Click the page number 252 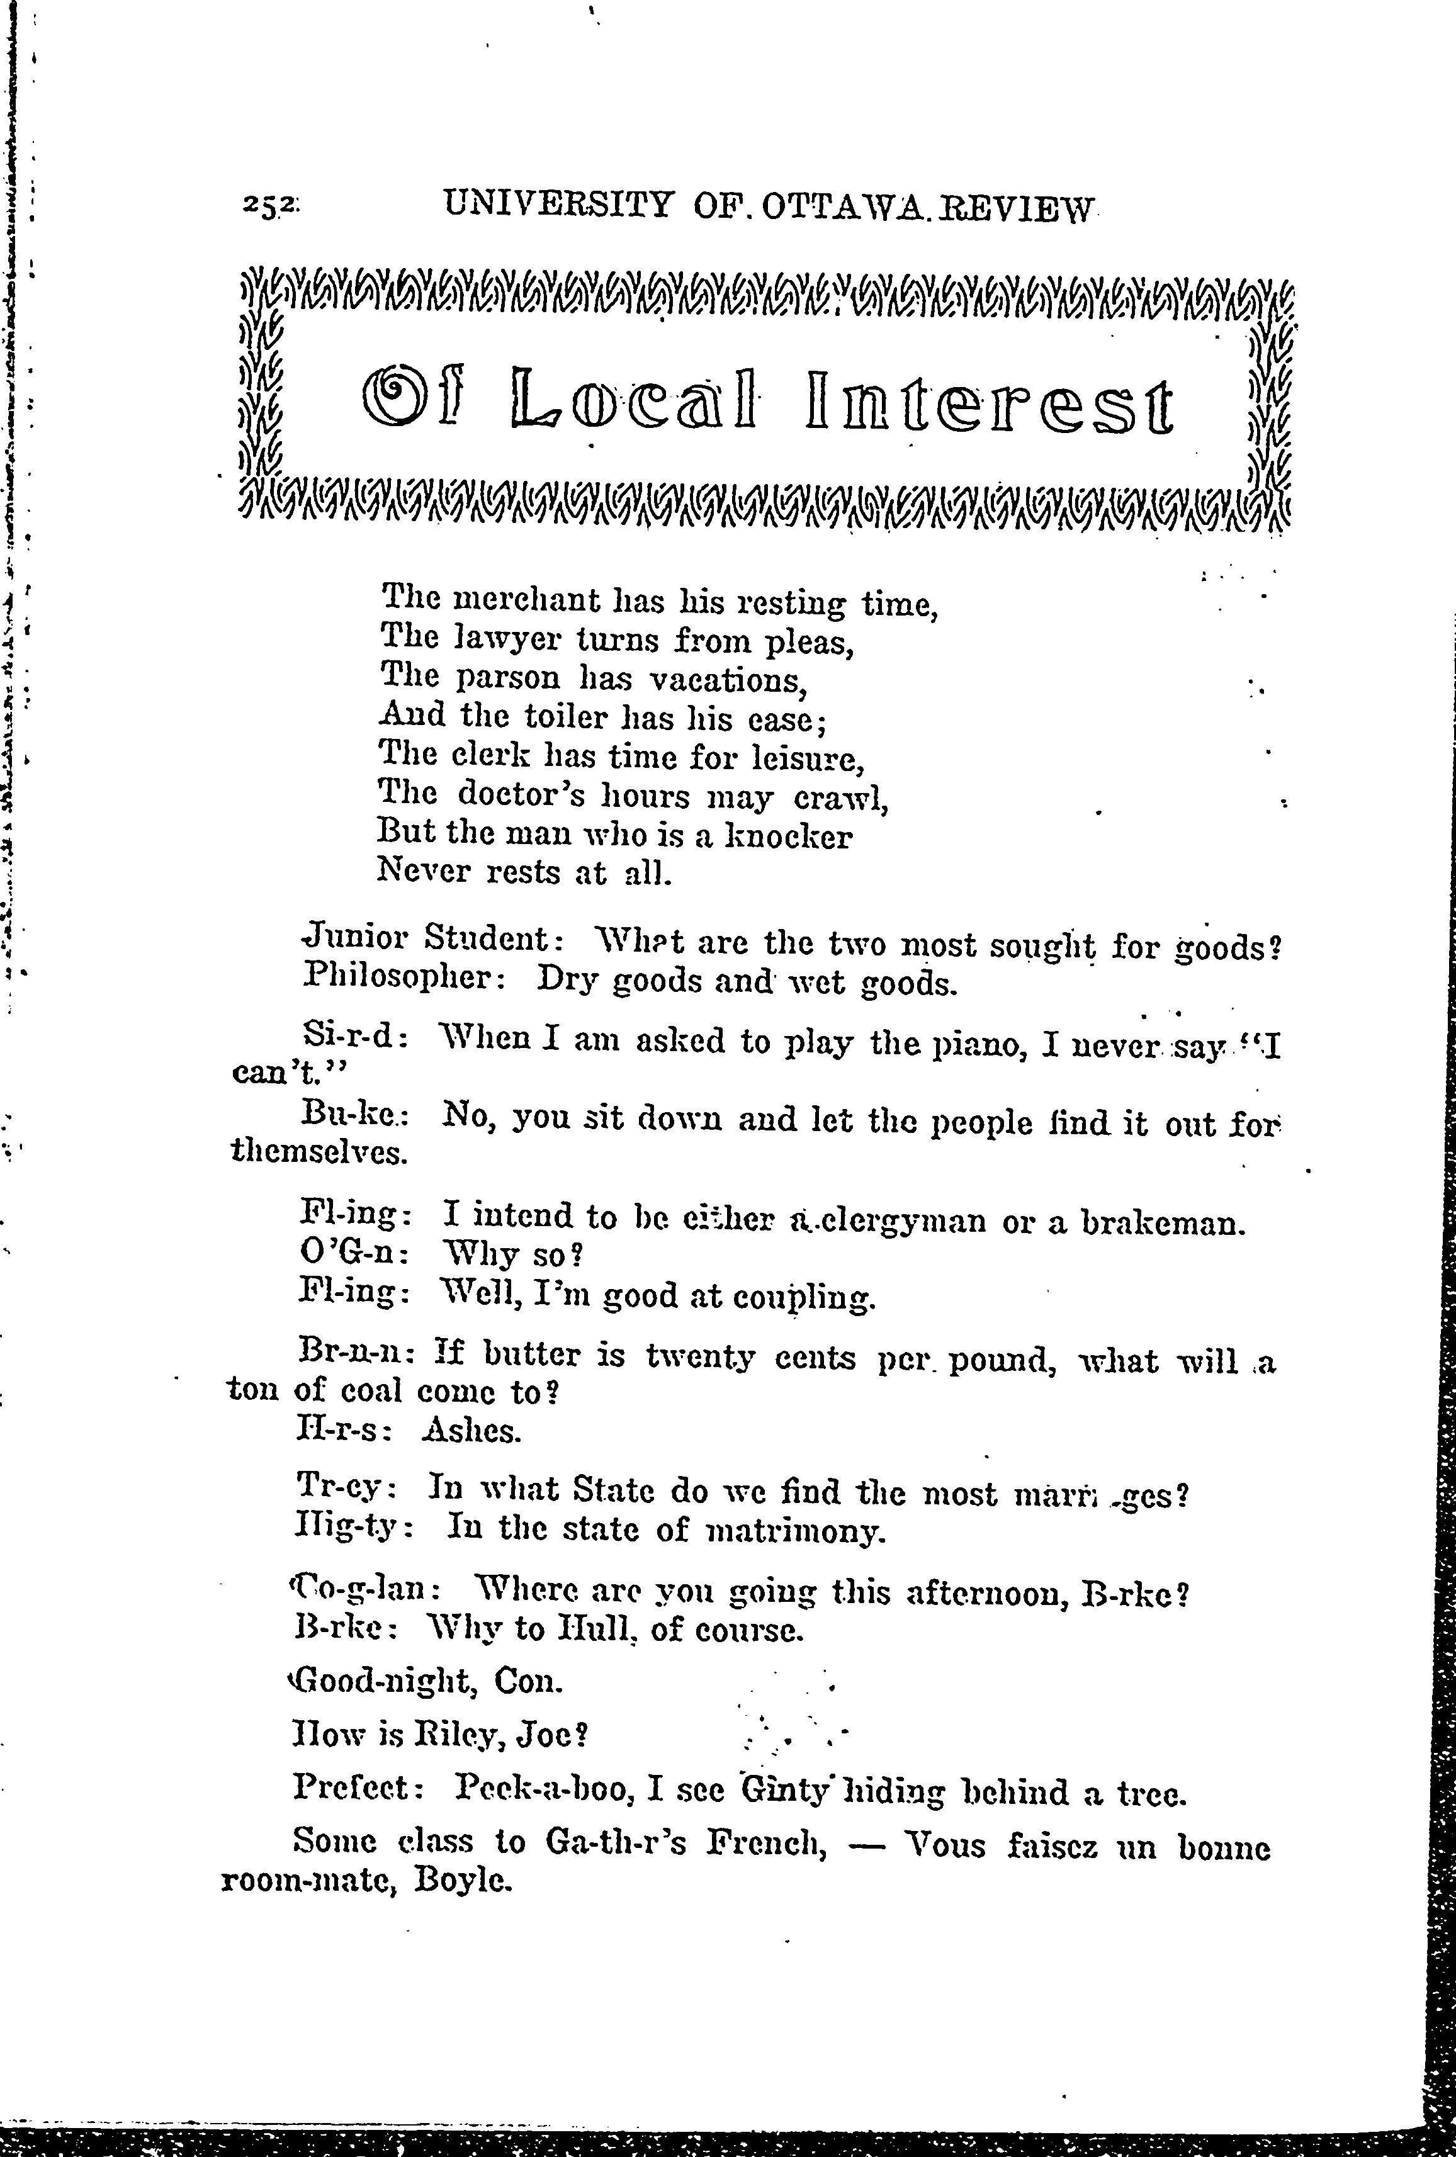tap(268, 206)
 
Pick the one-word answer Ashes tap(471, 1430)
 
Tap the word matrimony tap(795, 1529)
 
